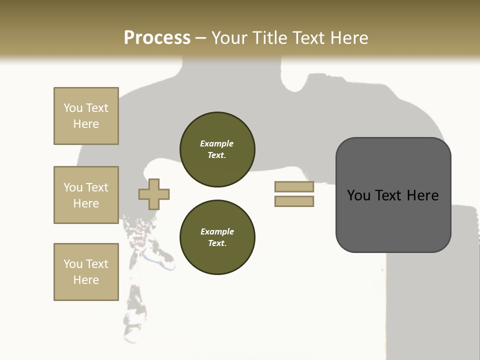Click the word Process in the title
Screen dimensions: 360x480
157,37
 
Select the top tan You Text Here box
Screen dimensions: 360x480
86,116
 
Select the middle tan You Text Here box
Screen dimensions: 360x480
86,195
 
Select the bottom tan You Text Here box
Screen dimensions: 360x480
86,272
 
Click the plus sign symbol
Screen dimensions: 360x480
154,194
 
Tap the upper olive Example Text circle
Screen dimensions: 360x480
217,149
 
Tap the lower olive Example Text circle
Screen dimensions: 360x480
217,237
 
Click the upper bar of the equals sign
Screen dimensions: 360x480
294,186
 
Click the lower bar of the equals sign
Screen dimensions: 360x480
294,201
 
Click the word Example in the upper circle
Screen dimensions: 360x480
217,143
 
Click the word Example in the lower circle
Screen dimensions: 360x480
217,231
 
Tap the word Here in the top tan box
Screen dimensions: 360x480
86,124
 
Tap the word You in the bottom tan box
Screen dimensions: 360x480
73,264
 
